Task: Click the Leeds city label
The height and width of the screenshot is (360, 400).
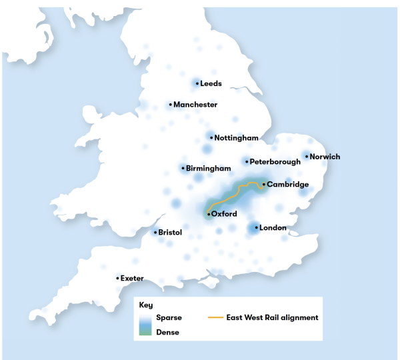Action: pos(211,83)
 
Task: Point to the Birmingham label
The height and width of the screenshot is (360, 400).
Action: pos(209,169)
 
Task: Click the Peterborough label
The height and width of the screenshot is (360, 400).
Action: pos(275,161)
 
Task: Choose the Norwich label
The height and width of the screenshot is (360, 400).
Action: pos(325,157)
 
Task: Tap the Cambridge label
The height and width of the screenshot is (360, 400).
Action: pos(287,185)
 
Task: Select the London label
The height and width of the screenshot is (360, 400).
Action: pos(273,228)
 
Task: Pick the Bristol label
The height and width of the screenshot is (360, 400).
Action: pos(171,233)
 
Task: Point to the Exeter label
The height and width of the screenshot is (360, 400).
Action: pos(132,278)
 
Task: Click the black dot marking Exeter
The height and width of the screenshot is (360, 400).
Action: pos(118,278)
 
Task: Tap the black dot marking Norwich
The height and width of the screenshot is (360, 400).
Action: pos(307,157)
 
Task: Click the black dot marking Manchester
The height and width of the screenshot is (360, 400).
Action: pos(171,105)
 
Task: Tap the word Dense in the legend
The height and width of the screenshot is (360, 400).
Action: pos(167,331)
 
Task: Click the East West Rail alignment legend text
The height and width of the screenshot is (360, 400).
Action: pos(272,318)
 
